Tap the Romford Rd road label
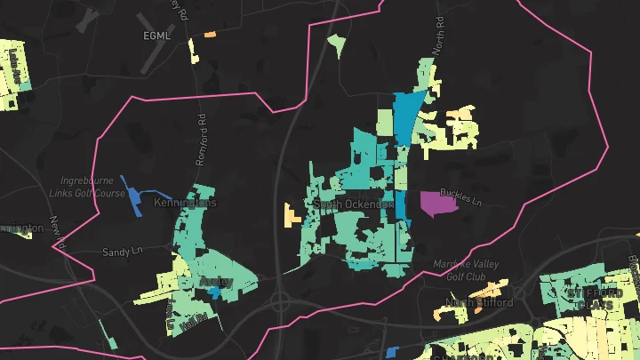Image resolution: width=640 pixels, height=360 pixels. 201,139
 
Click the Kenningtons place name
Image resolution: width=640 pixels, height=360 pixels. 186,203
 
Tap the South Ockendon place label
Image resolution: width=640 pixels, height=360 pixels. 354,204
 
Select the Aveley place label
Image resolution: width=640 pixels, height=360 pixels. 216,282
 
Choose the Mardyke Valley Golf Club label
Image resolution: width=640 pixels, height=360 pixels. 467,269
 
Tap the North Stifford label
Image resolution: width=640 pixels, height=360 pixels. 479,302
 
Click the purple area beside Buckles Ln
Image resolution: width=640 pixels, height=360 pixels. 436,204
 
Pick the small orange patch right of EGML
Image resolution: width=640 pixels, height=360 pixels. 211,35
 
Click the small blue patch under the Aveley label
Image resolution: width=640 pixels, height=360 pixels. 213,293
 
